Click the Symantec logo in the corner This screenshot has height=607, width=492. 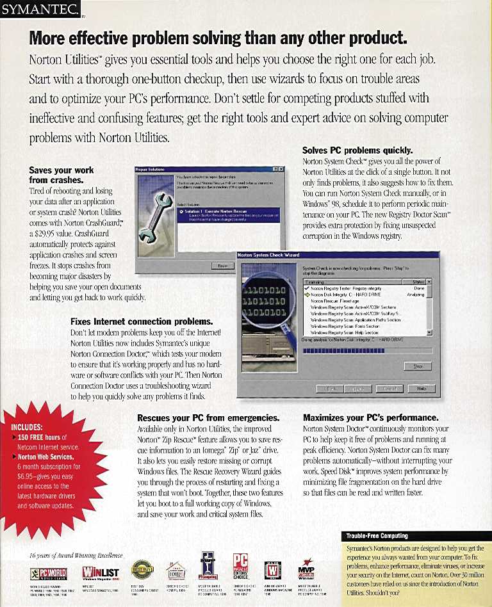[40, 9]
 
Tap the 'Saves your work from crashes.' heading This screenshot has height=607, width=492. [61, 175]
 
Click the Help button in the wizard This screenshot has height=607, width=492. [422, 388]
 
